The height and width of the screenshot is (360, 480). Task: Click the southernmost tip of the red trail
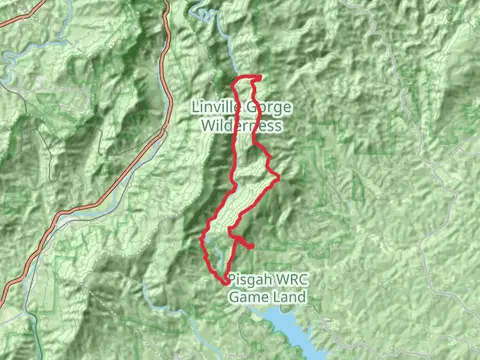coord(225,281)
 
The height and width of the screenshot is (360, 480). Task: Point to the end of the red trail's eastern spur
coord(255,245)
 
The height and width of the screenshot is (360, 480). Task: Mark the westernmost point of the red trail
coord(203,240)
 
